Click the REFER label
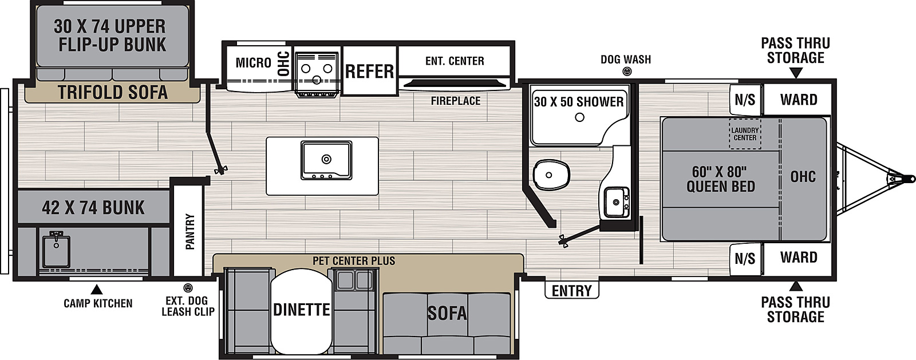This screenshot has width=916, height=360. point(369,72)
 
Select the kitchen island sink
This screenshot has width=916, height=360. point(326,160)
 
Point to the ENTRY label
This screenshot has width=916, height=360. point(572,291)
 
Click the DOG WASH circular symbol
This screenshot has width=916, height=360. point(627,72)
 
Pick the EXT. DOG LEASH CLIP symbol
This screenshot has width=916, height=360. point(188,288)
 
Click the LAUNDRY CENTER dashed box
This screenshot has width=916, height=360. point(745,134)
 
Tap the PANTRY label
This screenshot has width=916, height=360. point(190,231)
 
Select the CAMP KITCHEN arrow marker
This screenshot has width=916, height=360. point(96,290)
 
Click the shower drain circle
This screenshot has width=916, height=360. point(579,117)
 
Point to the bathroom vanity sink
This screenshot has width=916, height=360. point(617,202)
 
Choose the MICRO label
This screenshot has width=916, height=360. point(254,63)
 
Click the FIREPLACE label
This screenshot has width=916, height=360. point(456,101)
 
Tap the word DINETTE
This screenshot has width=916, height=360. point(301,310)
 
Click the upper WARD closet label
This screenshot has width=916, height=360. point(799,100)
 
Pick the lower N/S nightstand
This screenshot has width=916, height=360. point(745,258)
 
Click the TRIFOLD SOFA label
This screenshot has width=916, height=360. point(112,93)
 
